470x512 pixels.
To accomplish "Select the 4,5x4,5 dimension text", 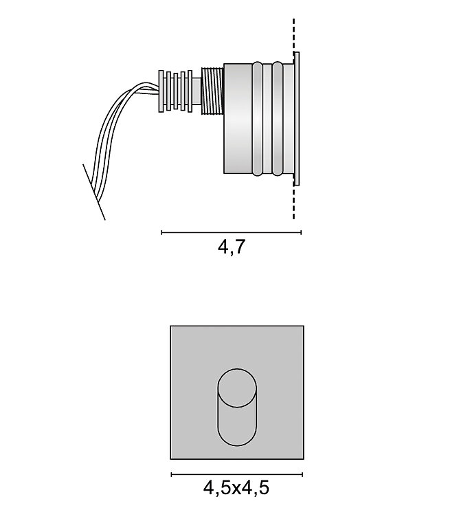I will [x=236, y=489].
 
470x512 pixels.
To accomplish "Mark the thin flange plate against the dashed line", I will [x=297, y=118].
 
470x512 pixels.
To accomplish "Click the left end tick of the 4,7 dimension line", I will [x=161, y=232].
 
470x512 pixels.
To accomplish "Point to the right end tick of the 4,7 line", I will [x=301, y=232].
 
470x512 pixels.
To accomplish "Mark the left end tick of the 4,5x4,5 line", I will [x=171, y=474].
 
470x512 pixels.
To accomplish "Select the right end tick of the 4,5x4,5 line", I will [x=302, y=474].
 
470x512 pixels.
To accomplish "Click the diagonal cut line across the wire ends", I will [x=94, y=192].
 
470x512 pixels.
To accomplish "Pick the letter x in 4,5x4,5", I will [x=236, y=490].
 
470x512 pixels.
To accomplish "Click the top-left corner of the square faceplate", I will [x=170, y=326].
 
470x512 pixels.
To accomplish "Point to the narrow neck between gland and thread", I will [x=197, y=89].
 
